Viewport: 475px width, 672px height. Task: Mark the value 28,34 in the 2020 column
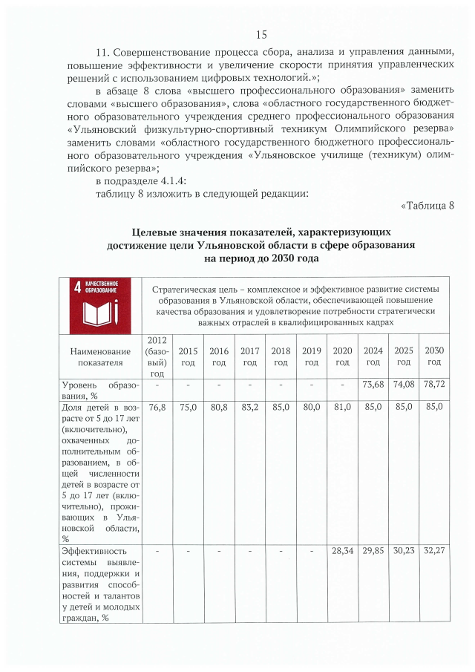(x=341, y=550)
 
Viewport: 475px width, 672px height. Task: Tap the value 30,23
(x=403, y=550)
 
